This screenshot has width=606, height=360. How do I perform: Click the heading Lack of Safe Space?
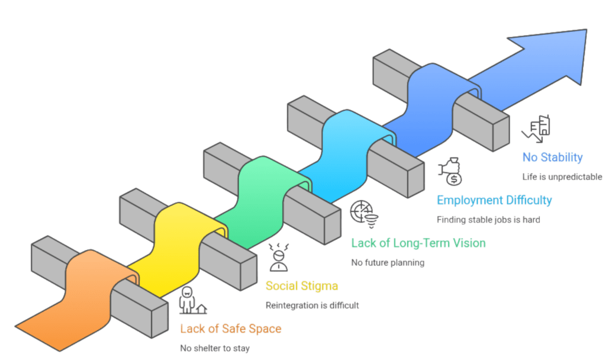coord(231,329)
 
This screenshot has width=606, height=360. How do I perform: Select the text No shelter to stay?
coord(215,348)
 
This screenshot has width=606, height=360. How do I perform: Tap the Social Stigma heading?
coord(302,286)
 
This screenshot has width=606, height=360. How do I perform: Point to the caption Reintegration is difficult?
coord(312,306)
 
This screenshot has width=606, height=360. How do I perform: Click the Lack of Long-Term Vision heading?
coord(418,243)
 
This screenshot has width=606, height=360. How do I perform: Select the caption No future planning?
coord(388,262)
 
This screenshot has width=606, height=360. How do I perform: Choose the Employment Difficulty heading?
coord(494,200)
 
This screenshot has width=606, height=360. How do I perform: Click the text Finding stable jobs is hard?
coord(488,220)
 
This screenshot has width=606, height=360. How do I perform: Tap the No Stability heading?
coord(553,157)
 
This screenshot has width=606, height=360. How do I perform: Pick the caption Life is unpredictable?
coord(562,176)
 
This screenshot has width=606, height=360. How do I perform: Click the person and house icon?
coord(192,300)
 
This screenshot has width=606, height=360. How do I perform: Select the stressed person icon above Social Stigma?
coord(279,257)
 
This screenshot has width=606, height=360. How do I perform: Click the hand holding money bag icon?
coord(450,171)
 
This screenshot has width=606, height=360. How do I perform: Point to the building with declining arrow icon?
coord(536,128)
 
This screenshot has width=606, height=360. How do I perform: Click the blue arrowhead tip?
coord(586,30)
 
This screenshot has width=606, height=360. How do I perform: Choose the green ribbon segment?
coord(263,201)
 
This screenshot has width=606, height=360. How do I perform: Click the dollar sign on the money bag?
coord(454,179)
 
